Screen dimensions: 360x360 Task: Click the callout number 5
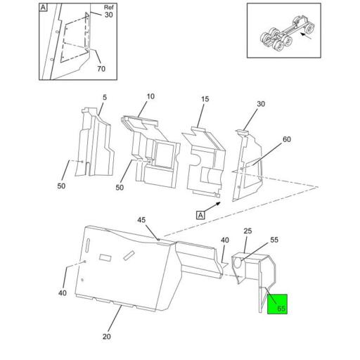105,97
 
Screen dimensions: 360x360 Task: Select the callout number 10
150,96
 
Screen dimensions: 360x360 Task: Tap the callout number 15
205,99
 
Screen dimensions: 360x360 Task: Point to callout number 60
287,139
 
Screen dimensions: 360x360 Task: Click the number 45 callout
141,220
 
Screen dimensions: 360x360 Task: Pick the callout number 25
247,231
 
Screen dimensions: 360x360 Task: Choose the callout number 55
274,240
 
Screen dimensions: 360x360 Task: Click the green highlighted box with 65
277,304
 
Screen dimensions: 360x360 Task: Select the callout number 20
107,337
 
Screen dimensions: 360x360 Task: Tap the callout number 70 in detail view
101,69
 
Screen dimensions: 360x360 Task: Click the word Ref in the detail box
108,8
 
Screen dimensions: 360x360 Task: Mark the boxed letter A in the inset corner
43,8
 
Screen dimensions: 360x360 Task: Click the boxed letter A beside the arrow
200,215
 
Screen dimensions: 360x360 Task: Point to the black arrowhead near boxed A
218,203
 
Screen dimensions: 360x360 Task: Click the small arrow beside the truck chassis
307,36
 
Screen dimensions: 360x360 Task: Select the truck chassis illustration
288,33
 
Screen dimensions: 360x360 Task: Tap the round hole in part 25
238,262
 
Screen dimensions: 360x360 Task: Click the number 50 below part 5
61,186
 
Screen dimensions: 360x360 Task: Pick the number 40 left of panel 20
63,293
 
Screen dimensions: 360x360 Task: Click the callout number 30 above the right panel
261,104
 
